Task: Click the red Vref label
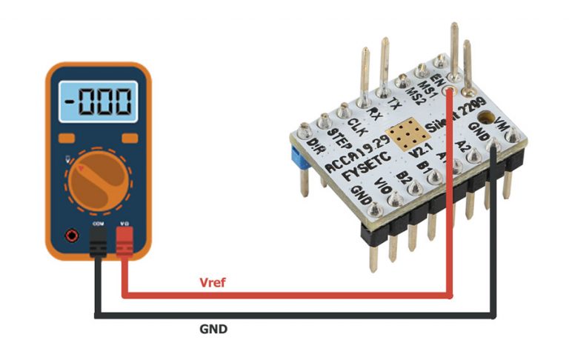pyautogui.click(x=213, y=283)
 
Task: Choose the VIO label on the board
pyautogui.click(x=383, y=184)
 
